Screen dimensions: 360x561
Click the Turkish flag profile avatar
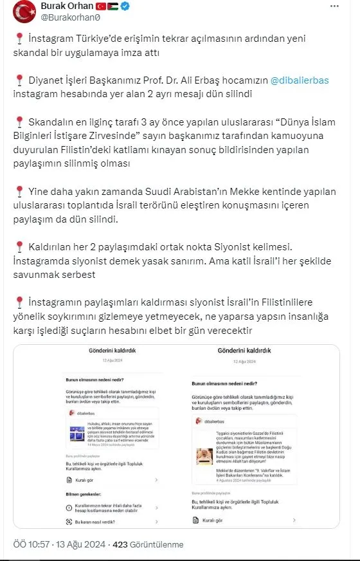click(25, 14)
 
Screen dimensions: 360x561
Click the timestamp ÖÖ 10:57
click(27, 544)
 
